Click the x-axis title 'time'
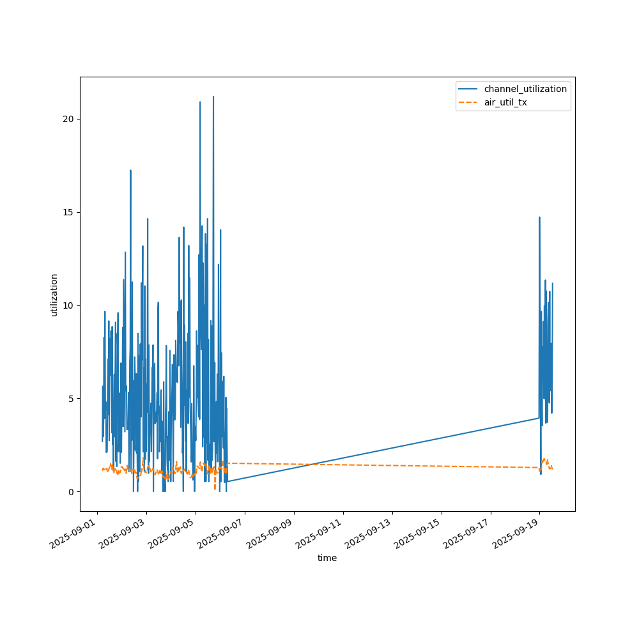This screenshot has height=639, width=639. point(327,558)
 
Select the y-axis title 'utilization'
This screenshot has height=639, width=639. point(54,295)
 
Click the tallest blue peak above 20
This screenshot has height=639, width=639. point(213,97)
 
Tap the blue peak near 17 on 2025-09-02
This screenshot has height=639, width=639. point(130,171)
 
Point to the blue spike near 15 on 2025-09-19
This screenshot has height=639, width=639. point(539,218)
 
